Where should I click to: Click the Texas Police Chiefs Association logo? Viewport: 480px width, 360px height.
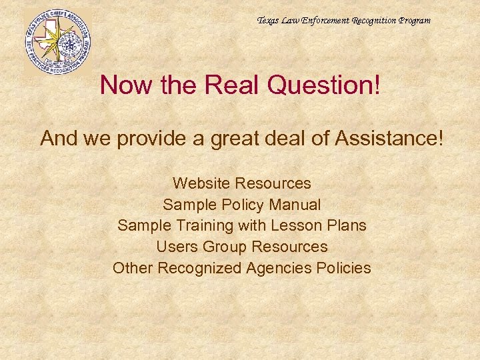(57, 41)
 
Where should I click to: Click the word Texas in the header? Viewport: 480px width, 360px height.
(268, 21)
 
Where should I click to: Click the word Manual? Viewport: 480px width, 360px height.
(293, 204)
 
